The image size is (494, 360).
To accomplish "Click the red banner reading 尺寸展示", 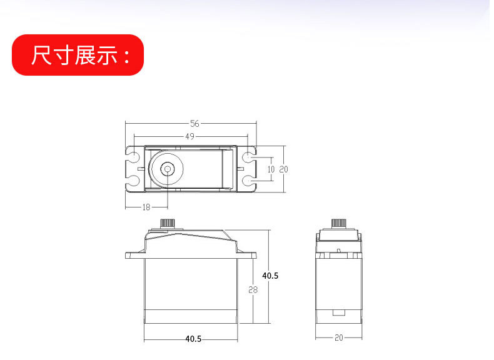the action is pyautogui.click(x=78, y=55).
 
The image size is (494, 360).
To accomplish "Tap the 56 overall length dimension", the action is pyautogui.click(x=194, y=124).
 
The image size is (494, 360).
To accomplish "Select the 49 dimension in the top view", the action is pyautogui.click(x=190, y=136).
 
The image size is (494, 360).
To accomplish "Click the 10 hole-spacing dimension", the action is pyautogui.click(x=271, y=169).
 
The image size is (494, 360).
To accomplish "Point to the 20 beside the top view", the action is pyautogui.click(x=283, y=169).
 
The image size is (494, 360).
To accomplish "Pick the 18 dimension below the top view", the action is pyautogui.click(x=146, y=207).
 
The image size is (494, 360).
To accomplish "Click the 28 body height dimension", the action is pyautogui.click(x=253, y=289).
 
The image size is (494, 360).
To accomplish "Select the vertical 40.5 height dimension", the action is pyautogui.click(x=270, y=275).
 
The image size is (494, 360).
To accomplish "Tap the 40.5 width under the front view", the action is pyautogui.click(x=193, y=339).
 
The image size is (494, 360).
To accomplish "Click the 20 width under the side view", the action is pyautogui.click(x=339, y=337).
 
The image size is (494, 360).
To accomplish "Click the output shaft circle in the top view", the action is pyautogui.click(x=168, y=169).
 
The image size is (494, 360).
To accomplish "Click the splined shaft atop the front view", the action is pyautogui.click(x=168, y=223).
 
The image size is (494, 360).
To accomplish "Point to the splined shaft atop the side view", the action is pyautogui.click(x=338, y=223).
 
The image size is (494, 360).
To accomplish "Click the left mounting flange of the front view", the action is pyautogui.click(x=134, y=255).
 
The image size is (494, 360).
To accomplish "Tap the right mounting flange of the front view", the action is pyautogui.click(x=248, y=255).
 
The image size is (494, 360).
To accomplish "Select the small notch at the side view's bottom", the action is pyautogui.click(x=339, y=312).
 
